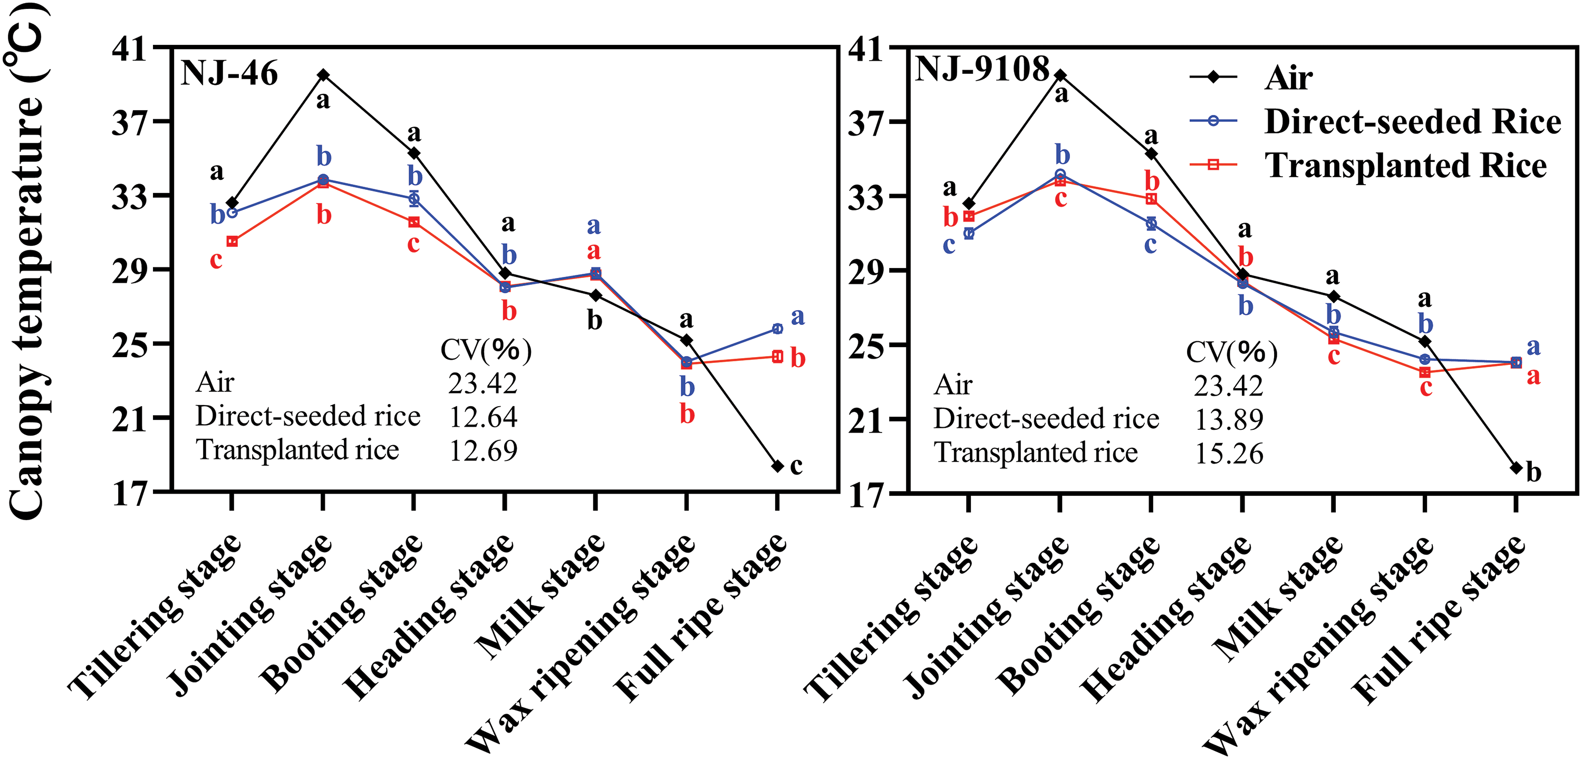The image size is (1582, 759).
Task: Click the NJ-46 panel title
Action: point(229,74)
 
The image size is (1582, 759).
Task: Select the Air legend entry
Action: point(1288,78)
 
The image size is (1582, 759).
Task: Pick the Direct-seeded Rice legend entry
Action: point(1412,122)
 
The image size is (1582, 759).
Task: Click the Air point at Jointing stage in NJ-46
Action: point(323,75)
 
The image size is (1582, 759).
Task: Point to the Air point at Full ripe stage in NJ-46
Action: point(777,466)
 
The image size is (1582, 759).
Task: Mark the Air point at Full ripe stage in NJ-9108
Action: point(1516,468)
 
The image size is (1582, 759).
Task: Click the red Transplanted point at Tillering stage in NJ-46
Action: point(232,242)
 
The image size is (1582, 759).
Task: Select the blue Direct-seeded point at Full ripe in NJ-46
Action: point(777,329)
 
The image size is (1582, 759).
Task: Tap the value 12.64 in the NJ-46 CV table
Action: point(484,417)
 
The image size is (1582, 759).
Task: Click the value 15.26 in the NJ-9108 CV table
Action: point(1229,454)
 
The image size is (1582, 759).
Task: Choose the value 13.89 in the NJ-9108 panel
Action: point(1229,420)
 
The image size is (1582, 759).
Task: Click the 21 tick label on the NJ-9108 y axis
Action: point(866,420)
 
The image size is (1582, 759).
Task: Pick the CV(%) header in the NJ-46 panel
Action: point(486,350)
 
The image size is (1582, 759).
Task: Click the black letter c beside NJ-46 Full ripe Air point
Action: point(796,466)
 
